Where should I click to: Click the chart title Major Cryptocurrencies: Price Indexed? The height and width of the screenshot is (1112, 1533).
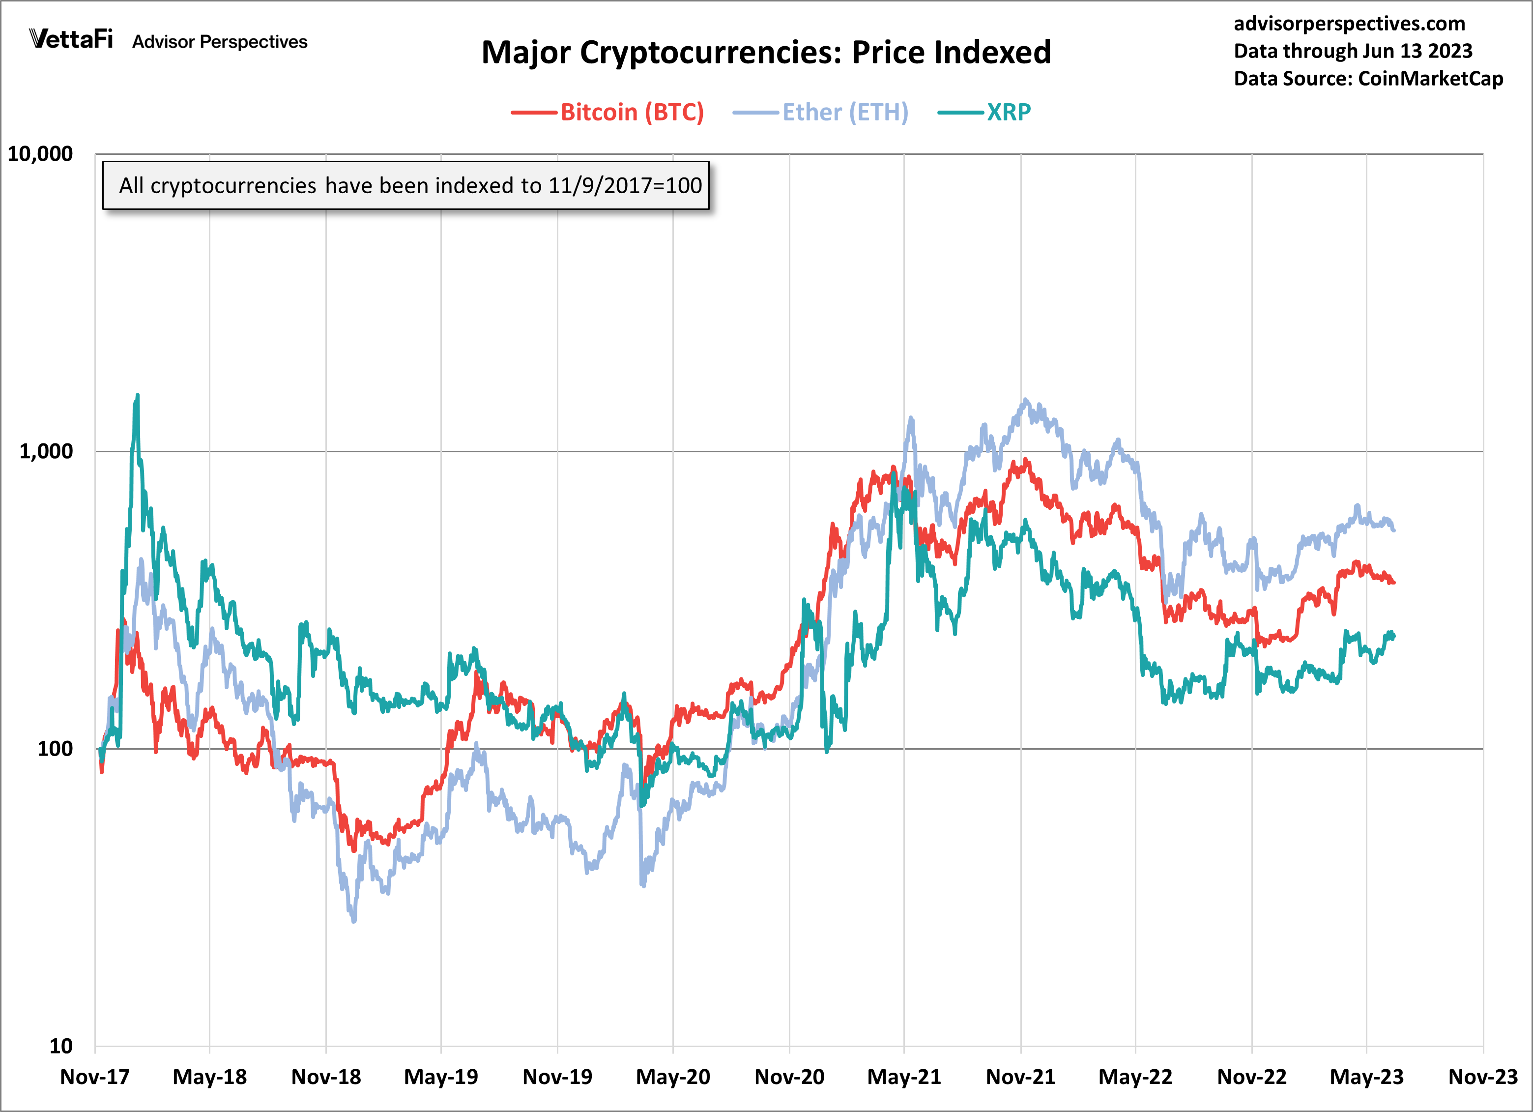[766, 53]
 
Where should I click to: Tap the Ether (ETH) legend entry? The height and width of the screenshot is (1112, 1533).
[845, 112]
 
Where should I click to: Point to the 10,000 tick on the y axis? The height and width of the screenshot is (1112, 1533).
[40, 154]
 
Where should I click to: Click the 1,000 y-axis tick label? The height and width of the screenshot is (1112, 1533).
[45, 451]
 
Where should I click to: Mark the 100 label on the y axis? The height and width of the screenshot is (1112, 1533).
[54, 748]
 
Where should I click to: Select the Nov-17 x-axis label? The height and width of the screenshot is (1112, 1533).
[95, 1077]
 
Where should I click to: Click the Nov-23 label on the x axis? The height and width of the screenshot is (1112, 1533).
[1482, 1077]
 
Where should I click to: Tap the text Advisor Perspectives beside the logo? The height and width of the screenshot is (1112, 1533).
[220, 42]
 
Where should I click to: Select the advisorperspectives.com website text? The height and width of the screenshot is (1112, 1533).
[1349, 24]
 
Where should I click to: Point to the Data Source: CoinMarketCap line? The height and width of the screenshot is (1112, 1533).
[1368, 79]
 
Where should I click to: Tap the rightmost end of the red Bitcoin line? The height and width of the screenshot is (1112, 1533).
[1393, 582]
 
